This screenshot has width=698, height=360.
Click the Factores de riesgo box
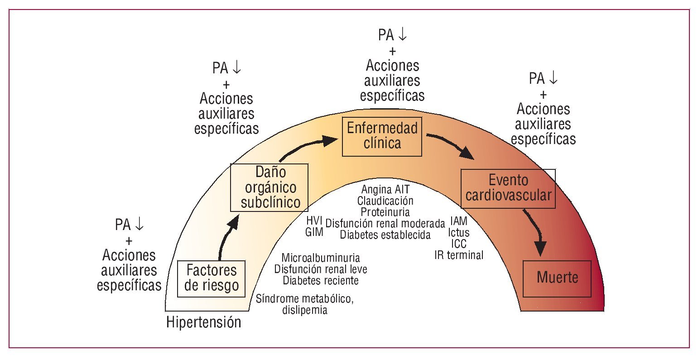(212, 278)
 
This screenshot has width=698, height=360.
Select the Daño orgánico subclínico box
(269, 187)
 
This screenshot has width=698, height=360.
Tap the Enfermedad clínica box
(382, 136)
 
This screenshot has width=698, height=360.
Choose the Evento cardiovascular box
(508, 188)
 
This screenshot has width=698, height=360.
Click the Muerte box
(557, 278)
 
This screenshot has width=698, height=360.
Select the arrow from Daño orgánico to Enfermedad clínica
(308, 146)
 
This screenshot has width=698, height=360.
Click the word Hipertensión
(204, 323)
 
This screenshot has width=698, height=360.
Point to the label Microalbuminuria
(321, 258)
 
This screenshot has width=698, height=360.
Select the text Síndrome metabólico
(304, 299)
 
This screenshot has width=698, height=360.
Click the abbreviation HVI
(314, 221)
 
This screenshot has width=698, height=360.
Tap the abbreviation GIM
(314, 232)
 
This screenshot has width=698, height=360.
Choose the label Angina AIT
(385, 189)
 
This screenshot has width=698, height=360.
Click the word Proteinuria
(385, 211)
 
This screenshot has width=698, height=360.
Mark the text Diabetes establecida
(385, 235)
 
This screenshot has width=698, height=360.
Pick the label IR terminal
(459, 255)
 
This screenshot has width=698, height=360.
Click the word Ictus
(459, 233)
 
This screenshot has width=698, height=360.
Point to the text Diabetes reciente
(321, 281)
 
